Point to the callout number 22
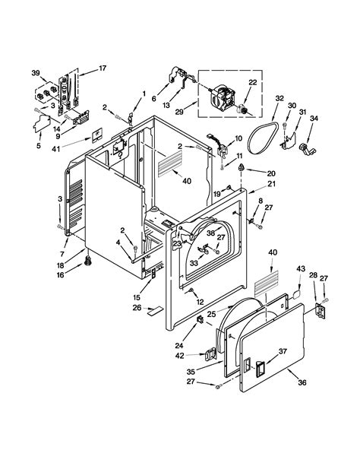[254, 83]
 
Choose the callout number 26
[137, 308]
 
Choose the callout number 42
[179, 354]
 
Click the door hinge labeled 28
[320, 309]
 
